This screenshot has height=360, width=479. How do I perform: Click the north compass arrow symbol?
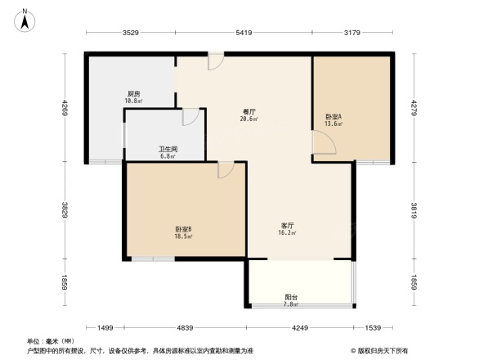tap(25, 18)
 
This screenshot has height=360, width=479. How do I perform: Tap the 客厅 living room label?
tap(288, 228)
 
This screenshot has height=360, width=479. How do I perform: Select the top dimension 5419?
tap(244, 34)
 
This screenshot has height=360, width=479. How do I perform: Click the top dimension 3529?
tap(131, 34)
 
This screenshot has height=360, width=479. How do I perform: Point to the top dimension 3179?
tap(352, 34)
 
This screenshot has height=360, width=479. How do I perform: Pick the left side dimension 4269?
tap(63, 108)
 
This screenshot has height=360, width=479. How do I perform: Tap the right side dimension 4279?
tap(414, 108)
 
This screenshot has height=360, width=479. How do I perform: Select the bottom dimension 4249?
tap(300, 328)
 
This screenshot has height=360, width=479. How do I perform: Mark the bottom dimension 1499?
tap(105, 328)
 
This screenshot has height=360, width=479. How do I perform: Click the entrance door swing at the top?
tap(215, 61)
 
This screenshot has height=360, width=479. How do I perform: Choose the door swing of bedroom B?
tap(226, 169)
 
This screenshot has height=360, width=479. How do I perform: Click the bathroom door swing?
tap(189, 117)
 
